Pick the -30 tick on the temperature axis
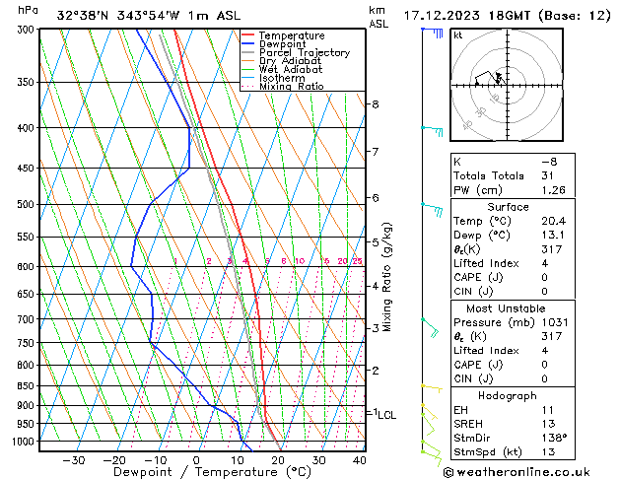73,460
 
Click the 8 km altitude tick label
375,104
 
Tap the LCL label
386,415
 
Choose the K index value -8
549,161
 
